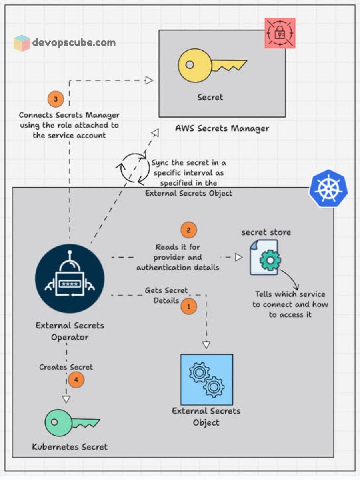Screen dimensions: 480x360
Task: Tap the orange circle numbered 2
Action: pyautogui.click(x=189, y=230)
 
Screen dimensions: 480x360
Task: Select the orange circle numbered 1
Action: pyautogui.click(x=189, y=307)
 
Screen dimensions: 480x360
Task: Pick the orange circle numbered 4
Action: pyautogui.click(x=76, y=380)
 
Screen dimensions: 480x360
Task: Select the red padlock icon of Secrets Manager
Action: pyautogui.click(x=280, y=33)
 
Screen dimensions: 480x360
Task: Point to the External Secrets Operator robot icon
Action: pyautogui.click(x=70, y=278)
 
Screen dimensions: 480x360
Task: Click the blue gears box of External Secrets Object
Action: pyautogui.click(x=206, y=379)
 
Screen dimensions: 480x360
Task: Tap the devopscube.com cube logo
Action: pyautogui.click(x=22, y=43)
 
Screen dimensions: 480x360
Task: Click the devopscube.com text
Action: pyautogui.click(x=74, y=43)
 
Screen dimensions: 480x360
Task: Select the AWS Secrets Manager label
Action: pyautogui.click(x=222, y=128)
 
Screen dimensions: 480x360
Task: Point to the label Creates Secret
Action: pyautogui.click(x=66, y=367)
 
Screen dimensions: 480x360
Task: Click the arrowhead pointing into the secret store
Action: pyautogui.click(x=238, y=257)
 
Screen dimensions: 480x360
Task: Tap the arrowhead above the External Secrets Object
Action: pyautogui.click(x=206, y=344)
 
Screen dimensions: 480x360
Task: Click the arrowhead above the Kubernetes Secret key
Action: pyautogui.click(x=66, y=399)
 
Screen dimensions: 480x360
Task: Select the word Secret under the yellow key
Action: pyautogui.click(x=210, y=97)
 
